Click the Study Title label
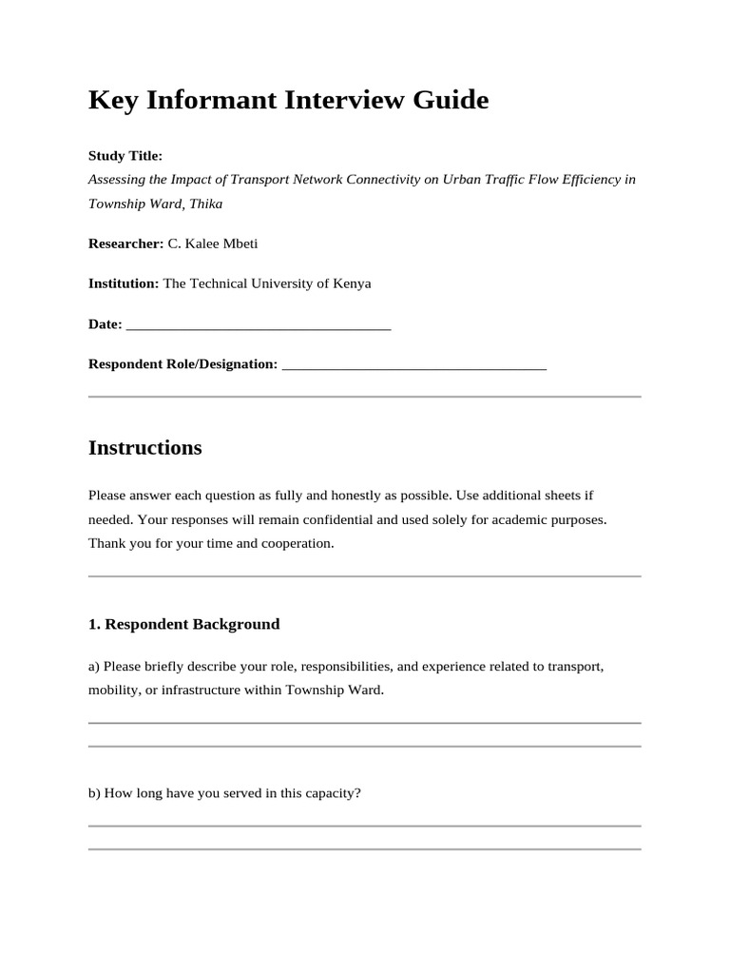pyautogui.click(x=125, y=155)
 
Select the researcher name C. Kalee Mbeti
pyautogui.click(x=213, y=243)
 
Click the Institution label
pyautogui.click(x=124, y=283)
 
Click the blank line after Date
pyautogui.click(x=259, y=325)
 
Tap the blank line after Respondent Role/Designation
pyautogui.click(x=414, y=365)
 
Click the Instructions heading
pyautogui.click(x=144, y=448)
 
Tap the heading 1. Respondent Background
pyautogui.click(x=184, y=625)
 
